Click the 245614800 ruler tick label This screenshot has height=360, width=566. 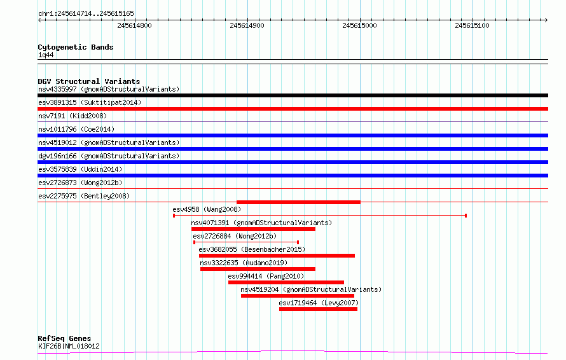click(134, 25)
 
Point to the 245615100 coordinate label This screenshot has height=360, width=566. click(472, 25)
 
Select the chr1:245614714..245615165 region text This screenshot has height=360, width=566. click(86, 13)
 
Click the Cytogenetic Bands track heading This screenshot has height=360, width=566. click(76, 47)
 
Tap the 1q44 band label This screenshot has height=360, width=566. click(46, 55)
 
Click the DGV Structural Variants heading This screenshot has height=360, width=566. click(89, 81)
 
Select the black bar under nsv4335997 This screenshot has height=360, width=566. click(293, 95)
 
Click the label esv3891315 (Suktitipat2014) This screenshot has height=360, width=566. click(90, 102)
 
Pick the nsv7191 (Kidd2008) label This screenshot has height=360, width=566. click(72, 116)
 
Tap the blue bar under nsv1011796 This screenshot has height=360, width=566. click(293, 135)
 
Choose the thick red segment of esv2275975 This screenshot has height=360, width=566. click(298, 202)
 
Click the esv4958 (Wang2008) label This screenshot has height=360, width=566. click(207, 209)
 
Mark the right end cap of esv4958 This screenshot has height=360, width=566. click(466, 216)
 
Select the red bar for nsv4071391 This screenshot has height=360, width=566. click(253, 229)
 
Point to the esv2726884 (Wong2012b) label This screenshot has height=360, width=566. click(235, 236)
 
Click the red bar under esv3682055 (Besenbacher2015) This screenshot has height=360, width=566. click(277, 256)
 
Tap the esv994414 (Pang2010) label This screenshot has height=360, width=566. click(266, 276)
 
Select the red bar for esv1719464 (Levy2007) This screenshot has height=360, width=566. click(319, 309)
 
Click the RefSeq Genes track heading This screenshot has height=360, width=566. click(64, 338)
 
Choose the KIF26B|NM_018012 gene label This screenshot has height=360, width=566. click(69, 346)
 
